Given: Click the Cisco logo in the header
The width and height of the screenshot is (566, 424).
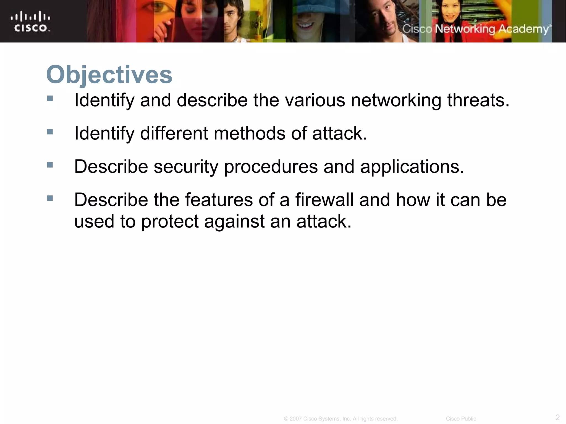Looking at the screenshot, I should [30, 22].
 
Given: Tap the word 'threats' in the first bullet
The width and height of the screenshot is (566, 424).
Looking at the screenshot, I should [478, 100].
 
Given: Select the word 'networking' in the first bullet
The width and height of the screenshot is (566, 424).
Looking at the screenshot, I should [396, 100].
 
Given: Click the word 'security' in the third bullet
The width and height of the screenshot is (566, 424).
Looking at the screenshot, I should [186, 167].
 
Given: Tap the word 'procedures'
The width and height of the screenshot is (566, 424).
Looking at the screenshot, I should [271, 167].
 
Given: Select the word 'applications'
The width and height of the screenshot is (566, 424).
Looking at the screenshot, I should [412, 167].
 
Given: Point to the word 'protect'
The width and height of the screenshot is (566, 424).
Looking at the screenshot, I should [170, 222].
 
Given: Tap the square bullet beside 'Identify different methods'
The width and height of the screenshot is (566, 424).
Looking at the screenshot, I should [50, 132].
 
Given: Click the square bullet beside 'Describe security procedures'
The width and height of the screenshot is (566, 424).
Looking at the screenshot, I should [50, 165].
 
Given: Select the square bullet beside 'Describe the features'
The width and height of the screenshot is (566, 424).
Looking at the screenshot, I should [50, 198].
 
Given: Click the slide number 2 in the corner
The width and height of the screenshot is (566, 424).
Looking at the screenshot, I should [557, 417].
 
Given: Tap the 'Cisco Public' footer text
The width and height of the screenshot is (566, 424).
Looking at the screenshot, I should [461, 419].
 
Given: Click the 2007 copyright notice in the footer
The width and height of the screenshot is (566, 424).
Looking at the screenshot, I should [340, 419].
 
